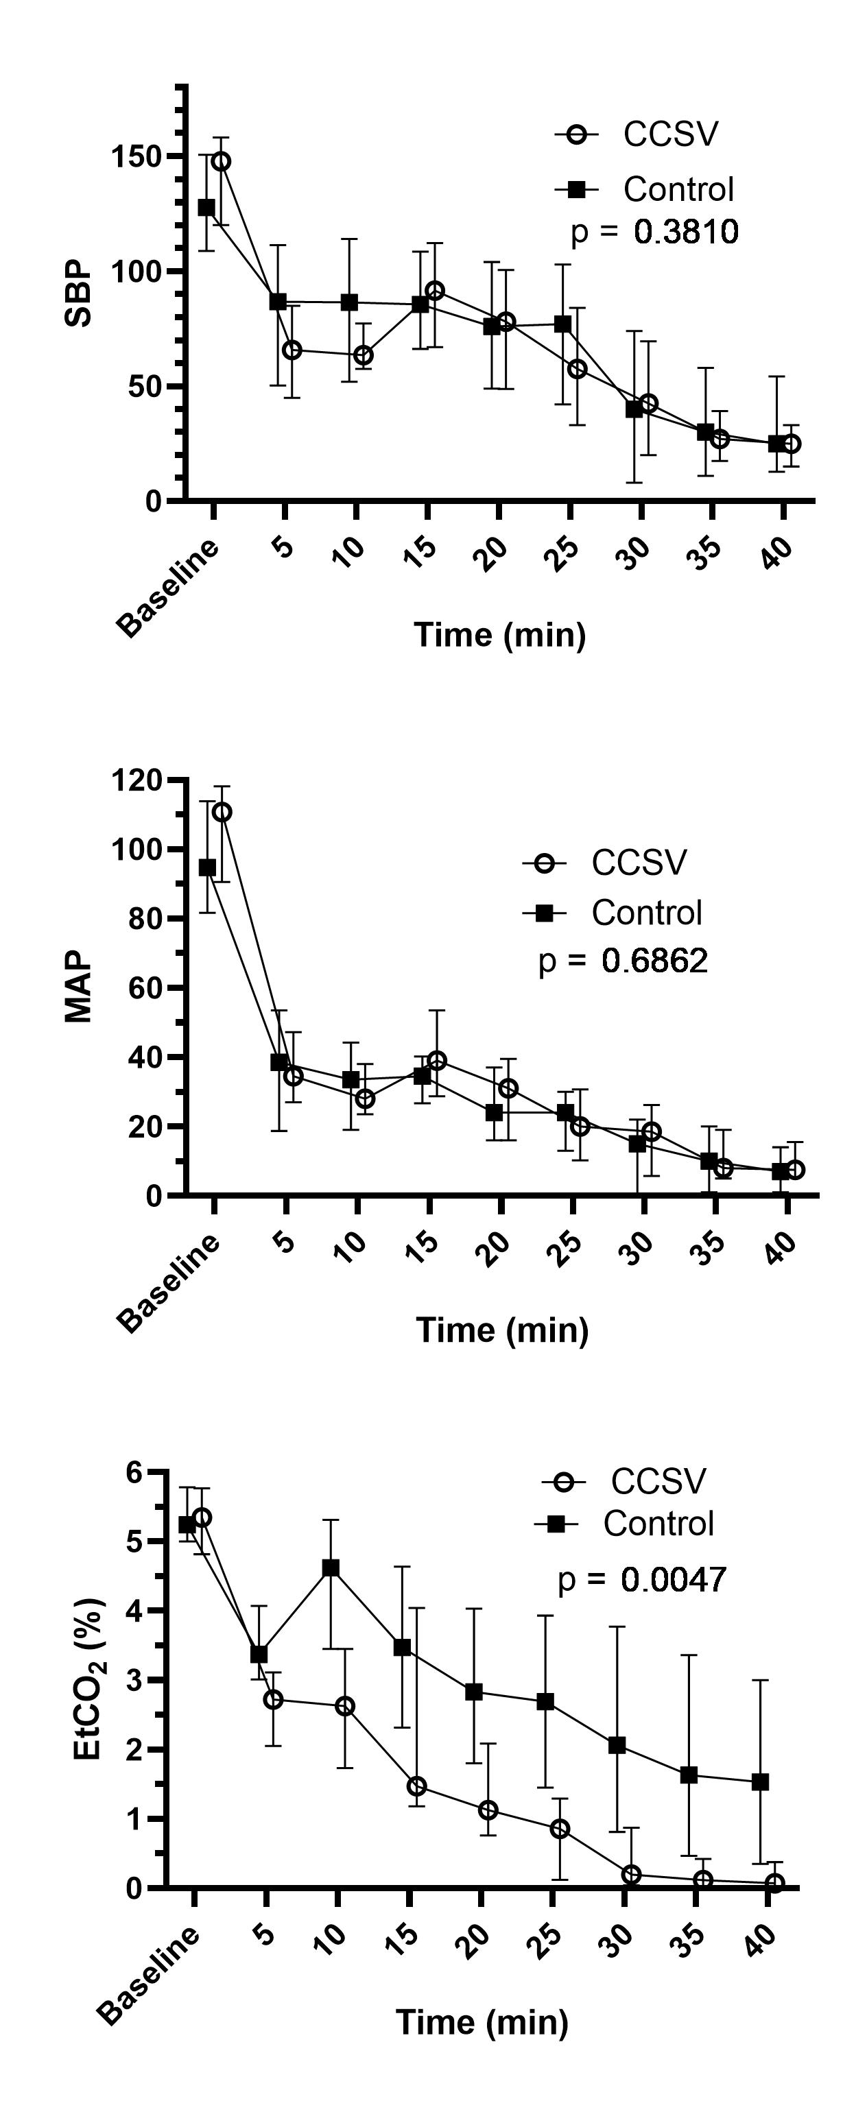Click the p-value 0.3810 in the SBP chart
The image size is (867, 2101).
pyautogui.click(x=686, y=232)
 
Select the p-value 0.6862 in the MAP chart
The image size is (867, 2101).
pyautogui.click(x=654, y=961)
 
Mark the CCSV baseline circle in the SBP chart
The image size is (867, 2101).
pyautogui.click(x=220, y=162)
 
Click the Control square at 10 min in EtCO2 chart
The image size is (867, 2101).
pyautogui.click(x=331, y=1568)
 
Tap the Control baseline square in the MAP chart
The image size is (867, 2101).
pyautogui.click(x=208, y=867)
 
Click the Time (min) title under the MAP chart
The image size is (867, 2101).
pyautogui.click(x=502, y=1330)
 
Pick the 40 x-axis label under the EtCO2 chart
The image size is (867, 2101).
pyautogui.click(x=763, y=1939)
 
